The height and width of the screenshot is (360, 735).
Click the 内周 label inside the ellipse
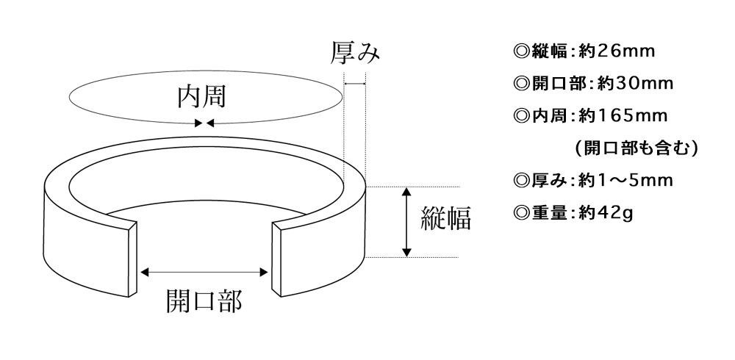(x=201, y=97)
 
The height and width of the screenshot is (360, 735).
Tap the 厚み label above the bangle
(x=356, y=53)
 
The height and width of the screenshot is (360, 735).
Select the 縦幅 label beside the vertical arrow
(x=445, y=218)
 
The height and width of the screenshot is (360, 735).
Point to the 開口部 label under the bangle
(x=204, y=300)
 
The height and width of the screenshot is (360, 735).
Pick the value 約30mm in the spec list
(x=635, y=84)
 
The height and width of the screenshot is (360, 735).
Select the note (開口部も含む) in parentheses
(x=635, y=148)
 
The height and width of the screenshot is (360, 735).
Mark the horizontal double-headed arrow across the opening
(x=204, y=273)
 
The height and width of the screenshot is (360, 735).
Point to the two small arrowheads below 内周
(x=204, y=123)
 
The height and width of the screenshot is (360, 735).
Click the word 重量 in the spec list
(x=548, y=212)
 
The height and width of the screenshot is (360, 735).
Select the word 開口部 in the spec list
(x=558, y=84)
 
